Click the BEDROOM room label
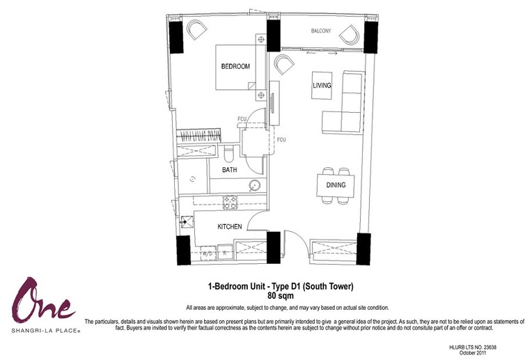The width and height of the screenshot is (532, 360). (235, 67)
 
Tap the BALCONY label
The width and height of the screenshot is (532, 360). (321, 31)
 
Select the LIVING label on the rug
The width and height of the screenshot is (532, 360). (322, 85)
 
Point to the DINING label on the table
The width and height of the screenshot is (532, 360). (336, 185)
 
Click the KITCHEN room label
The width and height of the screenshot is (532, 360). (230, 227)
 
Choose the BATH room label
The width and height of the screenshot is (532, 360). (230, 170)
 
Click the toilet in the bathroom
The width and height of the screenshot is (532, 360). (229, 154)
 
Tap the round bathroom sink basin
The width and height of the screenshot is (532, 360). (254, 185)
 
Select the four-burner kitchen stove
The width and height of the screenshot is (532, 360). (230, 203)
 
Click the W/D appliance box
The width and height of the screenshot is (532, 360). (208, 253)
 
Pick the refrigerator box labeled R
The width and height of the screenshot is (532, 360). (225, 253)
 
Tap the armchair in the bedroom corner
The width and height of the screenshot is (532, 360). (196, 29)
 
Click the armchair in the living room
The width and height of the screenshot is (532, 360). (284, 64)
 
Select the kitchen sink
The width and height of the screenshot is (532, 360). (187, 222)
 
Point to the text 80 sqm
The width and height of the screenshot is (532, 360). (280, 295)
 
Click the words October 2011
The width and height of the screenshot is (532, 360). (472, 353)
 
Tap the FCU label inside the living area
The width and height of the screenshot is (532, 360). (281, 140)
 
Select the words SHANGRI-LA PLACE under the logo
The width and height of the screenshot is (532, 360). (46, 330)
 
